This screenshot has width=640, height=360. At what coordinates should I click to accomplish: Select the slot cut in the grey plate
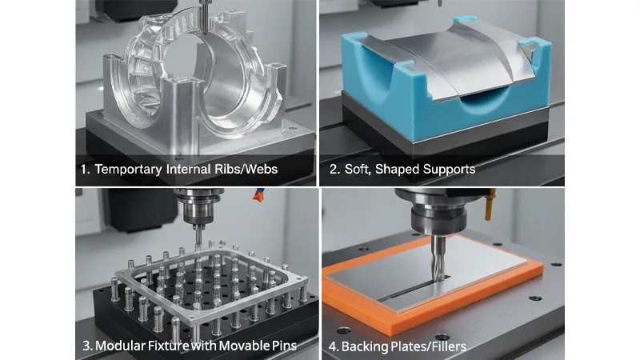400,290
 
